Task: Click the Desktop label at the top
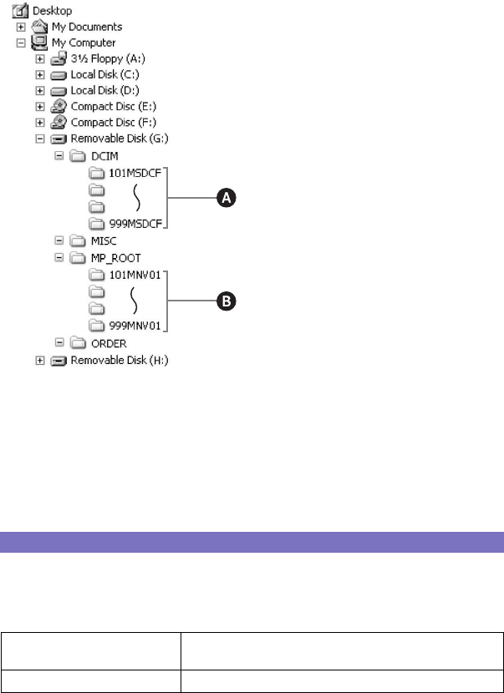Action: tap(51, 11)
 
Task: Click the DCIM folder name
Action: tap(104, 155)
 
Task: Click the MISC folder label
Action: tap(104, 240)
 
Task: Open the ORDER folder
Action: tap(109, 342)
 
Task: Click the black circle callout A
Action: tap(227, 198)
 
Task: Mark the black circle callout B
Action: tap(227, 301)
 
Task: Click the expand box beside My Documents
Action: tap(21, 27)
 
